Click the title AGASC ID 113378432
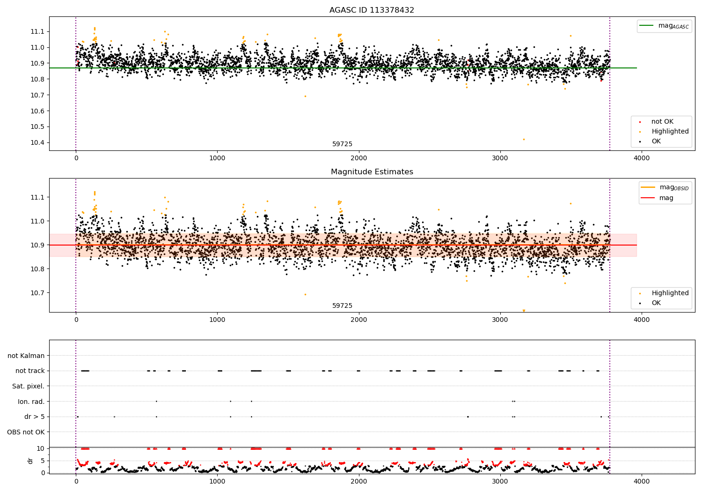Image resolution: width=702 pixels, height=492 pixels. click(372, 10)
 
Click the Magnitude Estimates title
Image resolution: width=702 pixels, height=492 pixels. click(372, 172)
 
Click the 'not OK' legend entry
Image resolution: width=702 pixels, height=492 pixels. click(662, 122)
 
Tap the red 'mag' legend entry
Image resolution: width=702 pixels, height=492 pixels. click(666, 198)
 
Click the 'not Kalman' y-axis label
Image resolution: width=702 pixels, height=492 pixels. click(26, 356)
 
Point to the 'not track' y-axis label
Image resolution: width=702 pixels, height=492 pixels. click(30, 371)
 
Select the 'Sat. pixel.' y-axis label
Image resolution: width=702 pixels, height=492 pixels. click(28, 386)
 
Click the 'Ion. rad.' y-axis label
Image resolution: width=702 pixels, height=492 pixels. click(31, 402)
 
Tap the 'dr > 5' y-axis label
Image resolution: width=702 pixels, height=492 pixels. click(34, 417)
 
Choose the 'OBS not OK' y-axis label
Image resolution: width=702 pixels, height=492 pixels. click(26, 432)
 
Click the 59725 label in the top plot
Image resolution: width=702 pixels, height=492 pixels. click(342, 144)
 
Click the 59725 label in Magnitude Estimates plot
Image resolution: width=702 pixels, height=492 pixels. click(342, 306)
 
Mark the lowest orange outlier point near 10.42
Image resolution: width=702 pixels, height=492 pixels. click(524, 139)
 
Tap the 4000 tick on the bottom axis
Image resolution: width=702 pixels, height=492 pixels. click(641, 482)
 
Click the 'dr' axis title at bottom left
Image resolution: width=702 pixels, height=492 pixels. click(30, 461)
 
